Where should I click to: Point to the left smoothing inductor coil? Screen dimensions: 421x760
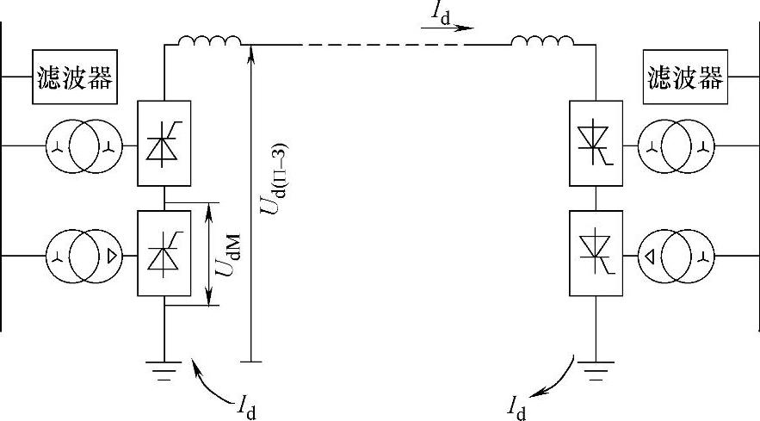pyautogui.click(x=209, y=40)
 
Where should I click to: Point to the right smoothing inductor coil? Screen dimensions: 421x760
pyautogui.click(x=542, y=40)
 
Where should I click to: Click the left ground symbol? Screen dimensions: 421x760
pyautogui.click(x=164, y=369)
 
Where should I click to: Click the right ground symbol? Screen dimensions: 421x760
pyautogui.click(x=595, y=369)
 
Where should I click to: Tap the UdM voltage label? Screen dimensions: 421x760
pyautogui.click(x=228, y=256)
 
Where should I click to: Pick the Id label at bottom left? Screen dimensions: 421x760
pyautogui.click(x=246, y=405)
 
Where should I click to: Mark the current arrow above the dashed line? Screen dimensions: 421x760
pyautogui.click(x=448, y=28)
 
